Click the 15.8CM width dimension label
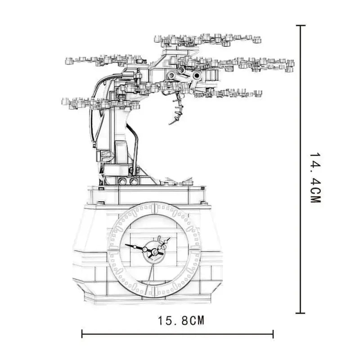[x=181, y=320]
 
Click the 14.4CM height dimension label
[x=315, y=178]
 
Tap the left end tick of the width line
[x=82, y=334]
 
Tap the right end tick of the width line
[x=273, y=334]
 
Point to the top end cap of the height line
[x=301, y=26]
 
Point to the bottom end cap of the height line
[x=301, y=313]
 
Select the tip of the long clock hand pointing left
[x=126, y=245]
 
